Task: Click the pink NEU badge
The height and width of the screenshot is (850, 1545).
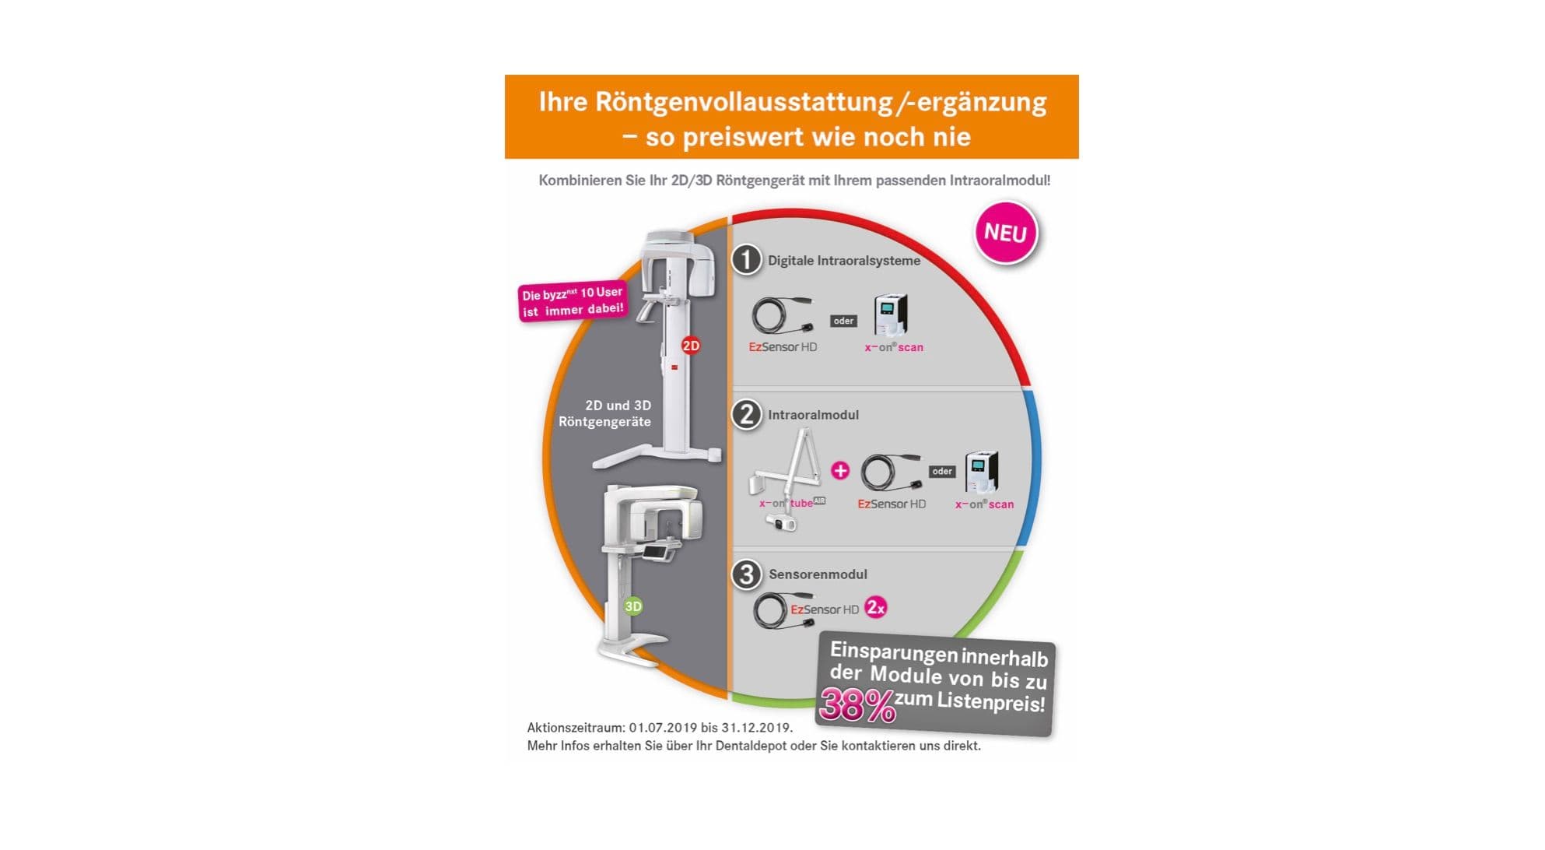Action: click(1005, 233)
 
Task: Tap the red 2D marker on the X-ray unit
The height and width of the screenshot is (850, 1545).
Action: click(690, 345)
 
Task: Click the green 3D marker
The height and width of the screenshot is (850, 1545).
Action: click(633, 606)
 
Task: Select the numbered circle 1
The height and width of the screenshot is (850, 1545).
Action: click(747, 260)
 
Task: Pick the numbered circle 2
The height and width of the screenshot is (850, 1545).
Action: click(747, 414)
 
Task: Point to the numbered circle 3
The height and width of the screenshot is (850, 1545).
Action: click(747, 574)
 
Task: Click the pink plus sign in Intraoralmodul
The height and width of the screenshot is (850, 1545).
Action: click(840, 470)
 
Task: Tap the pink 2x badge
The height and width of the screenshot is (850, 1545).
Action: click(876, 607)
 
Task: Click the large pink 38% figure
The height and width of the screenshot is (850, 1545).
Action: click(857, 705)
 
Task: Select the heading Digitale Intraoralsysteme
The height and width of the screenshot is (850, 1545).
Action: click(844, 261)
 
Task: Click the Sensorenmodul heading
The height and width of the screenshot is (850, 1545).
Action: click(818, 574)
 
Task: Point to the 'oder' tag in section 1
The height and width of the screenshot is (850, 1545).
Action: click(843, 321)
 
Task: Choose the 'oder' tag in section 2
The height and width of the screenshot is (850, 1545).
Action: click(942, 471)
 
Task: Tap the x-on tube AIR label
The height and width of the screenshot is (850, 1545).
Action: click(792, 503)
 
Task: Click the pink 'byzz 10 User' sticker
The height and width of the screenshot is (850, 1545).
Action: click(573, 300)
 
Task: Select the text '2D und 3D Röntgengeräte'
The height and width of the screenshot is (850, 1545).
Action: click(605, 413)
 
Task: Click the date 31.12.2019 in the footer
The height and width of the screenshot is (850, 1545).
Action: click(756, 728)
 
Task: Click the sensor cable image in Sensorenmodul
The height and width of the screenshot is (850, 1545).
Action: click(772, 611)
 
